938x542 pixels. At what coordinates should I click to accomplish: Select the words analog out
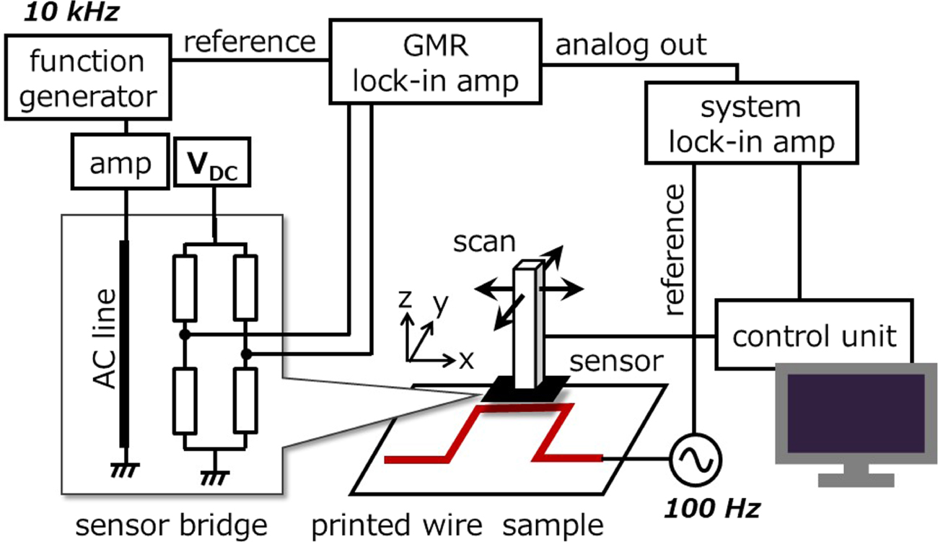click(631, 45)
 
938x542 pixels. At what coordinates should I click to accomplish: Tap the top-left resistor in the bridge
click(185, 288)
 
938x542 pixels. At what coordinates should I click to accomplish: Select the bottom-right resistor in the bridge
click(246, 399)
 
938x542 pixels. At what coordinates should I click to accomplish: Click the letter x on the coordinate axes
click(466, 359)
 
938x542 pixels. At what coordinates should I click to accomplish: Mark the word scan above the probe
click(484, 242)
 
